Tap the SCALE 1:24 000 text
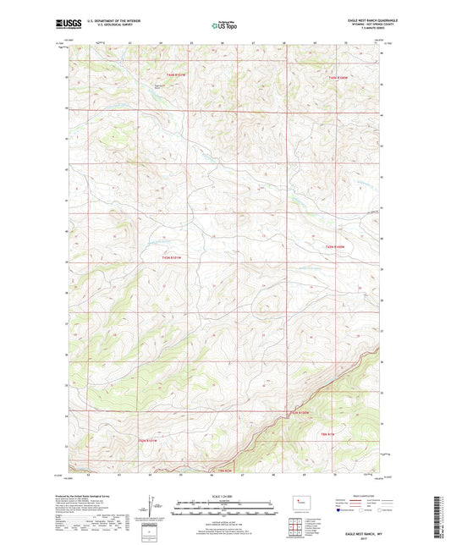[225, 495]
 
